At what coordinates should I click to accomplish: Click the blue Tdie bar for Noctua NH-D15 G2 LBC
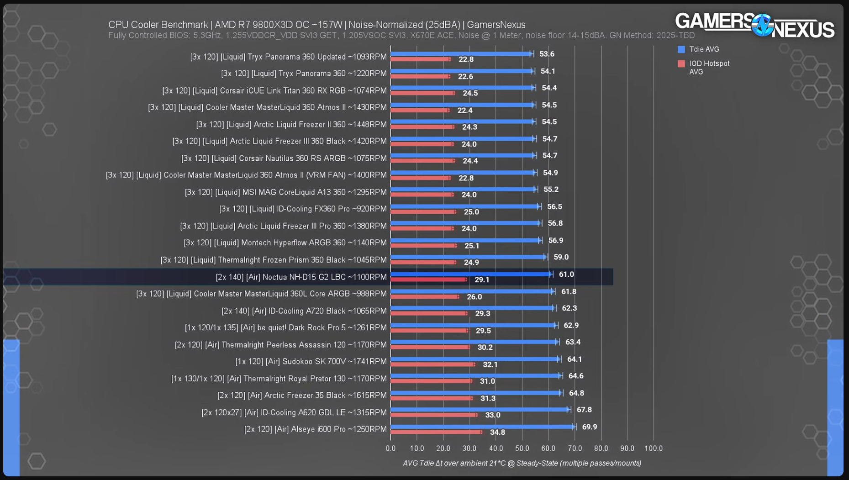point(470,274)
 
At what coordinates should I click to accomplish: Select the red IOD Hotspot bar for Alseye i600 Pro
point(436,432)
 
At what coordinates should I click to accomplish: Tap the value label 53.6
point(547,54)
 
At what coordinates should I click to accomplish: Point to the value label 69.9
point(589,427)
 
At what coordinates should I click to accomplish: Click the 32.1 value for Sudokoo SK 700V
point(490,364)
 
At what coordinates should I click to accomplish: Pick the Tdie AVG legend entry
point(704,49)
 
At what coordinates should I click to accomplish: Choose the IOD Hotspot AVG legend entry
point(709,68)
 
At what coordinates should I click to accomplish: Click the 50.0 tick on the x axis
point(522,448)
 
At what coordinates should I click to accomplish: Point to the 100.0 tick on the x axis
point(653,448)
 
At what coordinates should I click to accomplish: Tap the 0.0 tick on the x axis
point(390,448)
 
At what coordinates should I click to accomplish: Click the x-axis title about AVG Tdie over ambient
point(522,463)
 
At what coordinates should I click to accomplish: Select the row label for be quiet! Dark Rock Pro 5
point(285,327)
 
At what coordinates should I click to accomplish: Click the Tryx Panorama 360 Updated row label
point(288,57)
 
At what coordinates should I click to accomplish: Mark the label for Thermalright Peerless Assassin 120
point(280,345)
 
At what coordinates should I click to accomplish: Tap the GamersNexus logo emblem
point(762,25)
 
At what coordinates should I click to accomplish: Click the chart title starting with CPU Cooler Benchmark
point(316,25)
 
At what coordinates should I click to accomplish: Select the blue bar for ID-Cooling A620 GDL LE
point(480,410)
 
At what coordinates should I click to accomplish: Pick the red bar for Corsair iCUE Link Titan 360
point(422,93)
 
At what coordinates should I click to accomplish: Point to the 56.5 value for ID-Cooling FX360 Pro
point(554,207)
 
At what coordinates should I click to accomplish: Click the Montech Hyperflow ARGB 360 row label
point(285,243)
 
